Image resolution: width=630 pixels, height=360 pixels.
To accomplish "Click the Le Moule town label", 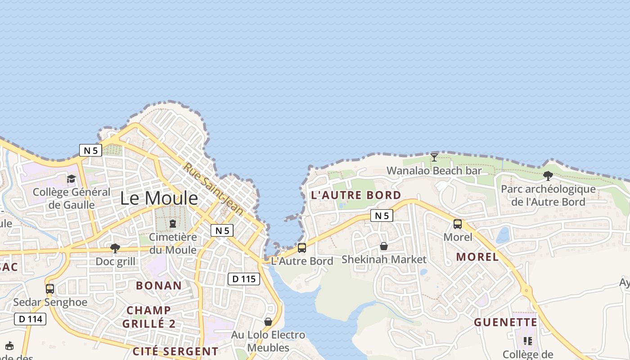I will (159, 198).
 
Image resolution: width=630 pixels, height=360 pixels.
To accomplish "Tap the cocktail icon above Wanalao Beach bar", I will (434, 157).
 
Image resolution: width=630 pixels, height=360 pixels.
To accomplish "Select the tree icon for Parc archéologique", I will (548, 176).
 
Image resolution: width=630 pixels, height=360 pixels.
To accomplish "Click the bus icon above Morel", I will (458, 224).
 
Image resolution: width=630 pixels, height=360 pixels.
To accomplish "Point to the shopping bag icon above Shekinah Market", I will (383, 246).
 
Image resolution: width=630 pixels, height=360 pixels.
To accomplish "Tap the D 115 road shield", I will (244, 279).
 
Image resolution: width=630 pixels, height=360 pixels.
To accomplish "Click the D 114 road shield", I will (31, 319).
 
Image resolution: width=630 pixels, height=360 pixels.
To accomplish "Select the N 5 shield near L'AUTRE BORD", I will (382, 216).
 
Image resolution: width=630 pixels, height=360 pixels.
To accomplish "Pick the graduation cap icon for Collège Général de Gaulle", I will (71, 179).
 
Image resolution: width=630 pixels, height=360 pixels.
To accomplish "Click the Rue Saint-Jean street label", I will (213, 189).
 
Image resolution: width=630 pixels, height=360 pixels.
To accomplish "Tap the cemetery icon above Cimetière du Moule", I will (172, 223).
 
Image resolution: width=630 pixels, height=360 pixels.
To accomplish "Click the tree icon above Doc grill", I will (115, 248).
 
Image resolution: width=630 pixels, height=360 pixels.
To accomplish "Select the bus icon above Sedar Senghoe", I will (49, 288).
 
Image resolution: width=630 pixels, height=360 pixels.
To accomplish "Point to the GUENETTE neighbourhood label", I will (505, 322).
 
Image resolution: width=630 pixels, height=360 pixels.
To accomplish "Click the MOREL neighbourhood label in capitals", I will (477, 257).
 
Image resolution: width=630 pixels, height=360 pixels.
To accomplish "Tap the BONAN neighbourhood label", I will (159, 285).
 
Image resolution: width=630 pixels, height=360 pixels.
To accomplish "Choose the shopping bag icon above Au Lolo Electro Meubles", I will (268, 322).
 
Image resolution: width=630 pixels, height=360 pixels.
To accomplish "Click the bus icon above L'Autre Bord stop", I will (301, 248).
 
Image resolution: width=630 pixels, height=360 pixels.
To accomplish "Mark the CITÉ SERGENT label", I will (175, 351).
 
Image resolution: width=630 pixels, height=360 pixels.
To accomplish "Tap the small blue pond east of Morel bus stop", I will (503, 235).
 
